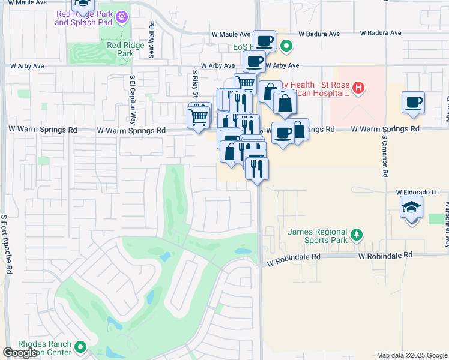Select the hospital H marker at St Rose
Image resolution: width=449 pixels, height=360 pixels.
tap(358, 89)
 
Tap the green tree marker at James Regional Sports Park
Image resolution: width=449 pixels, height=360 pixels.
tap(357, 234)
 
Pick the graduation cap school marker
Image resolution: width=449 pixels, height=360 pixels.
tap(411, 208)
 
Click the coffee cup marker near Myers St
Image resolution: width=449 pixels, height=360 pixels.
tap(413, 103)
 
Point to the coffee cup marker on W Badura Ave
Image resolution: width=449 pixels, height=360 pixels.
tap(264, 41)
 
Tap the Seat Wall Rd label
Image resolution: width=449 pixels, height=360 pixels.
tap(152, 40)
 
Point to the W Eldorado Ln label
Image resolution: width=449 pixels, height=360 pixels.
tap(418, 192)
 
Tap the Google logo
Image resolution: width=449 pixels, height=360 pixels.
tap(20, 353)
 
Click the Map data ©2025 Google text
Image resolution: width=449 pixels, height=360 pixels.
tap(411, 355)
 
